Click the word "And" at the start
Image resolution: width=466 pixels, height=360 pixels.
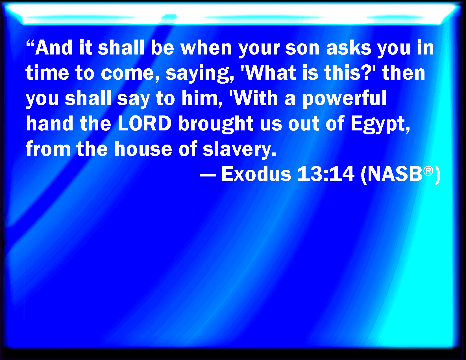click(54, 48)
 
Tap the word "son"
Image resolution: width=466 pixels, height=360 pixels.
click(302, 49)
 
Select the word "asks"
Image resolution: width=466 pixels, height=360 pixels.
click(349, 48)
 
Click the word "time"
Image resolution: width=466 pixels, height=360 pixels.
click(47, 73)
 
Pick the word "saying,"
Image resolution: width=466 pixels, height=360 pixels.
click(200, 74)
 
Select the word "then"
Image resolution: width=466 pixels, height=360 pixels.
click(403, 73)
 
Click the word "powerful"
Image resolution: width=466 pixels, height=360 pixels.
click(344, 99)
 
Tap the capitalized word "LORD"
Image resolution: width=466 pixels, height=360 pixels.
click(145, 123)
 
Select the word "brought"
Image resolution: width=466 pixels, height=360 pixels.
click(216, 124)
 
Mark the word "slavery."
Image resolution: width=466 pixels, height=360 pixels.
click(239, 149)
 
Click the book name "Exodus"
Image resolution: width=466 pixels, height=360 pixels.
click(256, 174)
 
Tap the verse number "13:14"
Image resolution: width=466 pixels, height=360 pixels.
click(326, 174)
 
